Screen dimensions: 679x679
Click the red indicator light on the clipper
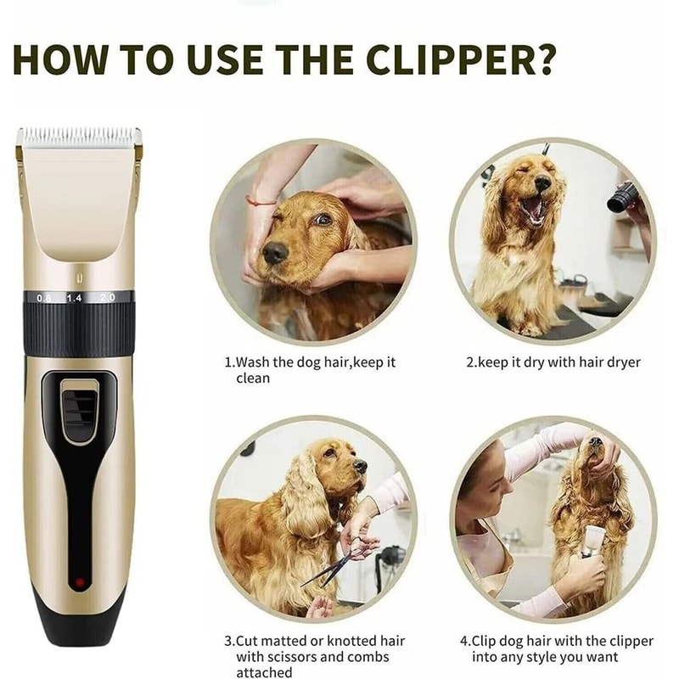pos(79,583)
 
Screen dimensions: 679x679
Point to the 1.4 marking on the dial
pos(75,299)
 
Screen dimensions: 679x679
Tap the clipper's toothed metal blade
pos(79,135)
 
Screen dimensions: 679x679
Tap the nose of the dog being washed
pos(273,251)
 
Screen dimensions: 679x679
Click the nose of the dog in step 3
pos(360,466)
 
